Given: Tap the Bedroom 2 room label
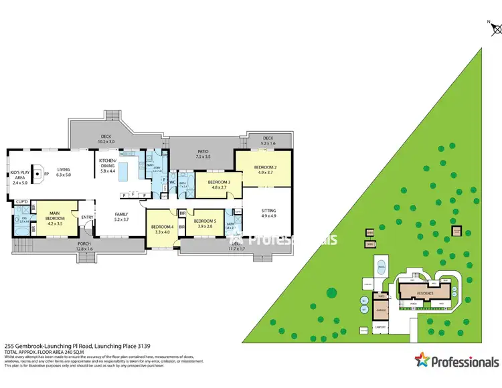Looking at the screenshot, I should (262, 169).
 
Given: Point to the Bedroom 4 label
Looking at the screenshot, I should (163, 228).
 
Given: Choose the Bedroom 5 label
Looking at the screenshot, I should (205, 223).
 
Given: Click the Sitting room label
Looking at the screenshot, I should (268, 213).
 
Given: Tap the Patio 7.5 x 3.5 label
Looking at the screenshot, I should (203, 155).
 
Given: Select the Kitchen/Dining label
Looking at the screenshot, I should (108, 167).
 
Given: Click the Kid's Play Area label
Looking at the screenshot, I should (18, 179).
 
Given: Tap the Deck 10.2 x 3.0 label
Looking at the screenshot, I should (106, 140).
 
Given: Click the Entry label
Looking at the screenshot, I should (87, 217).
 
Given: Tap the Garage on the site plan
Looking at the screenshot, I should (381, 310).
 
